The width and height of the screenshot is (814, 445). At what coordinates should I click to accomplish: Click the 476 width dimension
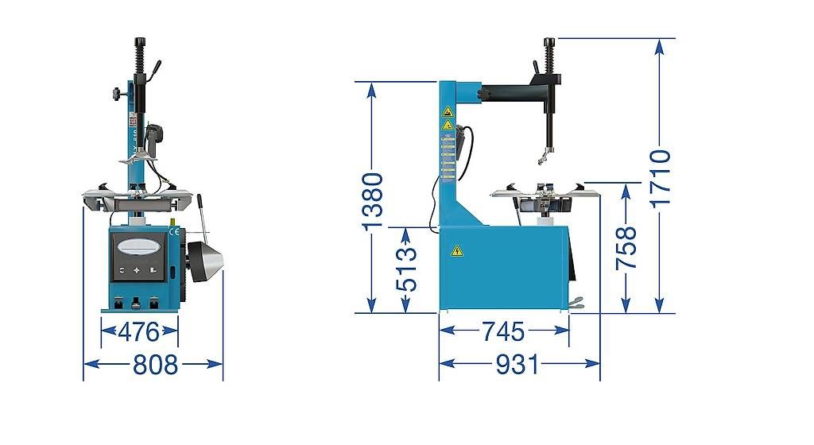[x=138, y=332]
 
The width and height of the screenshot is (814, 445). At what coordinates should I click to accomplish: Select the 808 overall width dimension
[x=155, y=365]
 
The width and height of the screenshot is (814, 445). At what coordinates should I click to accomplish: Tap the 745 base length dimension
[x=503, y=331]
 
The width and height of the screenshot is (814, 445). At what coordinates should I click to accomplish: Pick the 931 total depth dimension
[x=517, y=365]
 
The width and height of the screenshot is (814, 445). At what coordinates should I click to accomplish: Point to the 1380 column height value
[x=372, y=201]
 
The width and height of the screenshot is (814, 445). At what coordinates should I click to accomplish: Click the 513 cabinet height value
[x=406, y=269]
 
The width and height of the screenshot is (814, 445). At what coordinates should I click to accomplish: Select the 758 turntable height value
[x=626, y=248]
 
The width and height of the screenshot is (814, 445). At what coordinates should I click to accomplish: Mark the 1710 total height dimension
[x=661, y=179]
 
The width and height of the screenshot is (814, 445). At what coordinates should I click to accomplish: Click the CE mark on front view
[x=174, y=232]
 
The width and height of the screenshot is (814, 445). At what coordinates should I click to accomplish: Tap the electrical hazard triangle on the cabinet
[x=456, y=251]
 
